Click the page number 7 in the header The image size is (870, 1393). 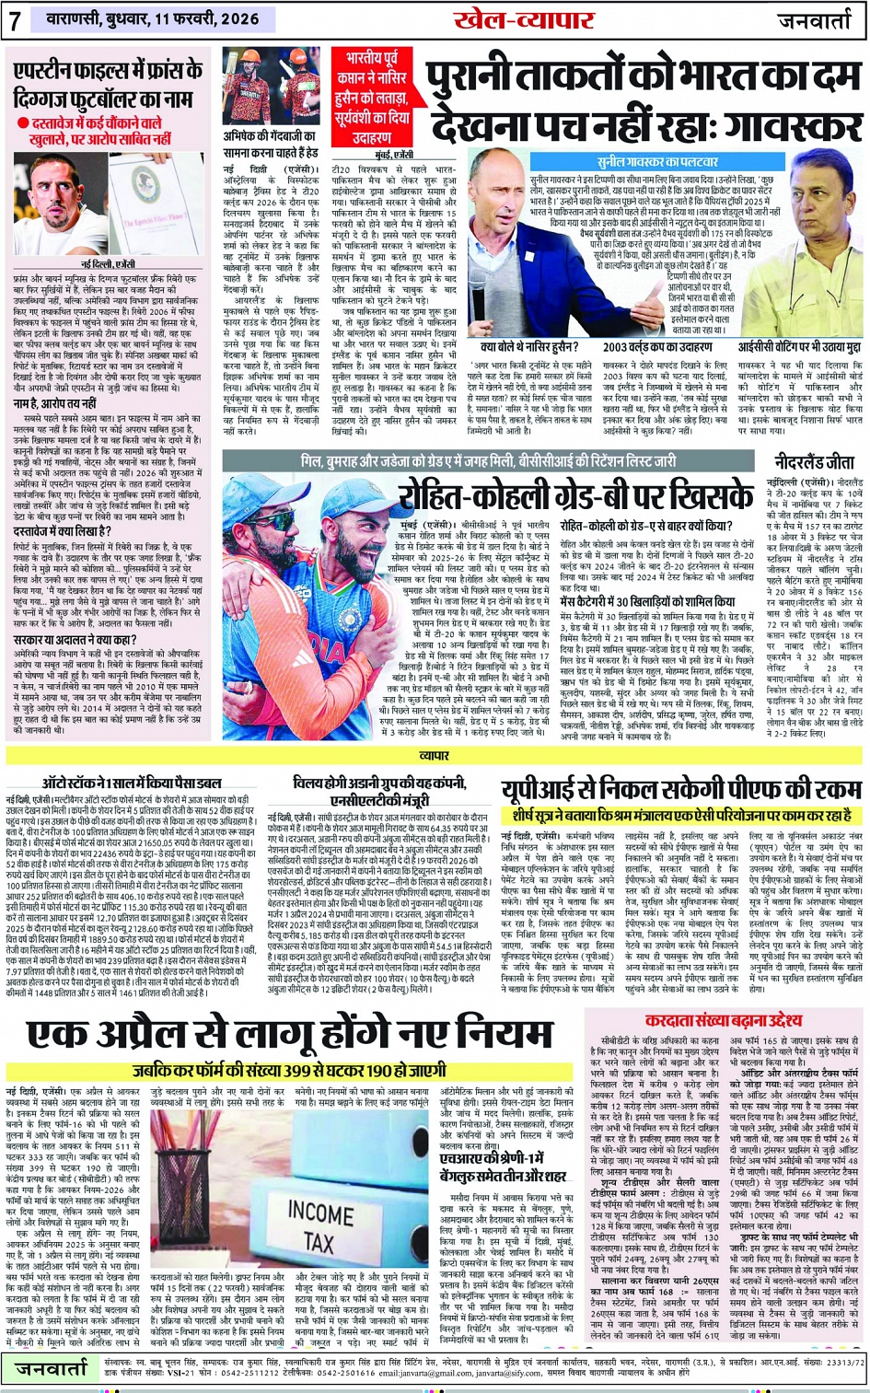coord(15,20)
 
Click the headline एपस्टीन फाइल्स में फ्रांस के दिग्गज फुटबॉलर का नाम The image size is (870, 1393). coord(108,84)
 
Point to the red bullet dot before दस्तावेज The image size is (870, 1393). coord(22,122)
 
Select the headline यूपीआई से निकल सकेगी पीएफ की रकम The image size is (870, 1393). coord(681,790)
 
